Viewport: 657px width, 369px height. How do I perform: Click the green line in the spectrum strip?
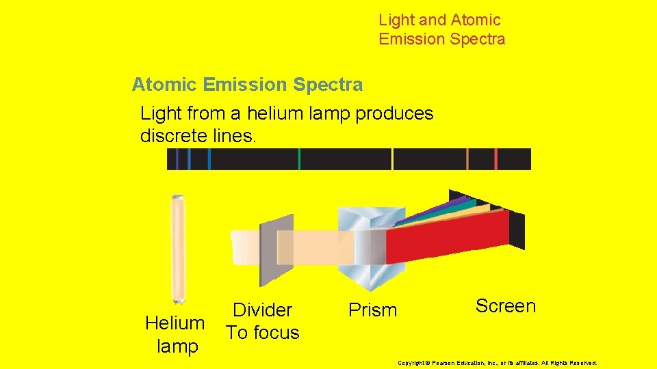[x=299, y=159]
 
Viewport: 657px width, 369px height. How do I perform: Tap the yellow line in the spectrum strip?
[x=392, y=159]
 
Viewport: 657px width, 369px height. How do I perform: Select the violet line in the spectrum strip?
[x=177, y=159]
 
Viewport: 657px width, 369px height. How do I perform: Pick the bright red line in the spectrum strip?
[x=495, y=159]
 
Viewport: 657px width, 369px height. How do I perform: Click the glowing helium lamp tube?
[x=178, y=249]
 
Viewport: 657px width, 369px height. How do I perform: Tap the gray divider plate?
[x=276, y=249]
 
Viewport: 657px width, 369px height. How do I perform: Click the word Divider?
[x=262, y=310]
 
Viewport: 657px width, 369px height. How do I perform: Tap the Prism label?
[x=372, y=310]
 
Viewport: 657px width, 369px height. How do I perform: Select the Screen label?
[x=505, y=306]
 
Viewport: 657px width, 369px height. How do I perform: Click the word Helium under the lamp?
[x=175, y=323]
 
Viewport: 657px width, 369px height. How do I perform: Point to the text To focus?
[x=262, y=333]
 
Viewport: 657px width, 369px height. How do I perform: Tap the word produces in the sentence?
[x=394, y=113]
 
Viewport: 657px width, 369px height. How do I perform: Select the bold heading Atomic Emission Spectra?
[x=247, y=85]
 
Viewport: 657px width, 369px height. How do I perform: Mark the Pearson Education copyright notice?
[x=497, y=363]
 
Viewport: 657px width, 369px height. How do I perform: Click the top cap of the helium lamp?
[x=178, y=196]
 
